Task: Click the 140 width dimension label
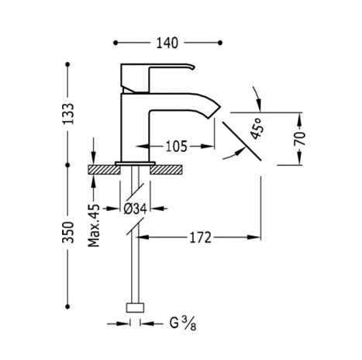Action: pyautogui.click(x=167, y=43)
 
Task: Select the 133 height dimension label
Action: pyautogui.click(x=69, y=114)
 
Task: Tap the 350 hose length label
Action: pyautogui.click(x=68, y=232)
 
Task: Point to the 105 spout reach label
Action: pyautogui.click(x=176, y=147)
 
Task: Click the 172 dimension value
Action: pyautogui.click(x=201, y=237)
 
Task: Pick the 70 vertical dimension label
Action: pyautogui.click(x=299, y=139)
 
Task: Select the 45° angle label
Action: pyautogui.click(x=257, y=129)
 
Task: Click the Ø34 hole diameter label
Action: pyautogui.click(x=135, y=209)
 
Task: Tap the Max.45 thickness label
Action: pyautogui.click(x=94, y=226)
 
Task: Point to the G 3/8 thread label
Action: pyautogui.click(x=183, y=324)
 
